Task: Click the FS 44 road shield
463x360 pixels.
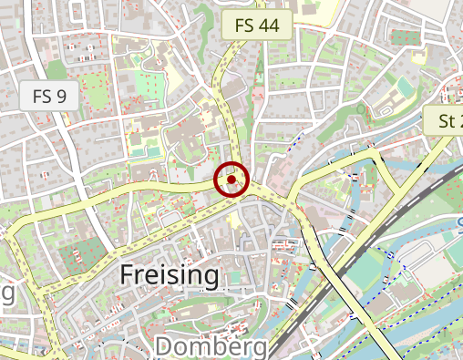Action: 257,26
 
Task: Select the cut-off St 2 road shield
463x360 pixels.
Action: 444,120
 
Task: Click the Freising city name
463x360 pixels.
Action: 170,275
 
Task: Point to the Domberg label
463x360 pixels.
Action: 211,346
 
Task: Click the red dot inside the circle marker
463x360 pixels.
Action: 231,180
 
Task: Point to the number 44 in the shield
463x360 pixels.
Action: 268,26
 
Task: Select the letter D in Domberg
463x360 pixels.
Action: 164,346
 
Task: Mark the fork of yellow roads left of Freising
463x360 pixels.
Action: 27,223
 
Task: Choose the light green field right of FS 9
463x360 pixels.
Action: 95,91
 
